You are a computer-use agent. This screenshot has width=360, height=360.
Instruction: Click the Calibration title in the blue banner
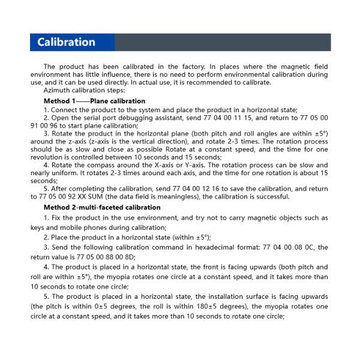66,42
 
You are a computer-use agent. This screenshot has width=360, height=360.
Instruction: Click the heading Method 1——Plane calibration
94,101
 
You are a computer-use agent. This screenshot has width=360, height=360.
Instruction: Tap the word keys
38,227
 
